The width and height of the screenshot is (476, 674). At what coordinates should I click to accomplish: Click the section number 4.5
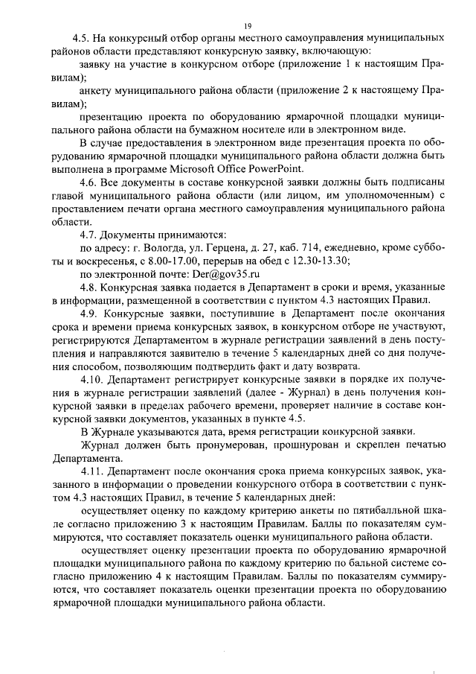(81, 37)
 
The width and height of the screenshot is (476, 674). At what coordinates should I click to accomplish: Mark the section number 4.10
(91, 379)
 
